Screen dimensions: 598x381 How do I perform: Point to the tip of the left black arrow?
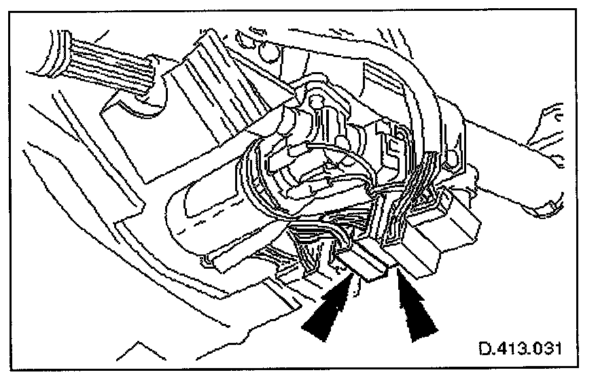349,277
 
